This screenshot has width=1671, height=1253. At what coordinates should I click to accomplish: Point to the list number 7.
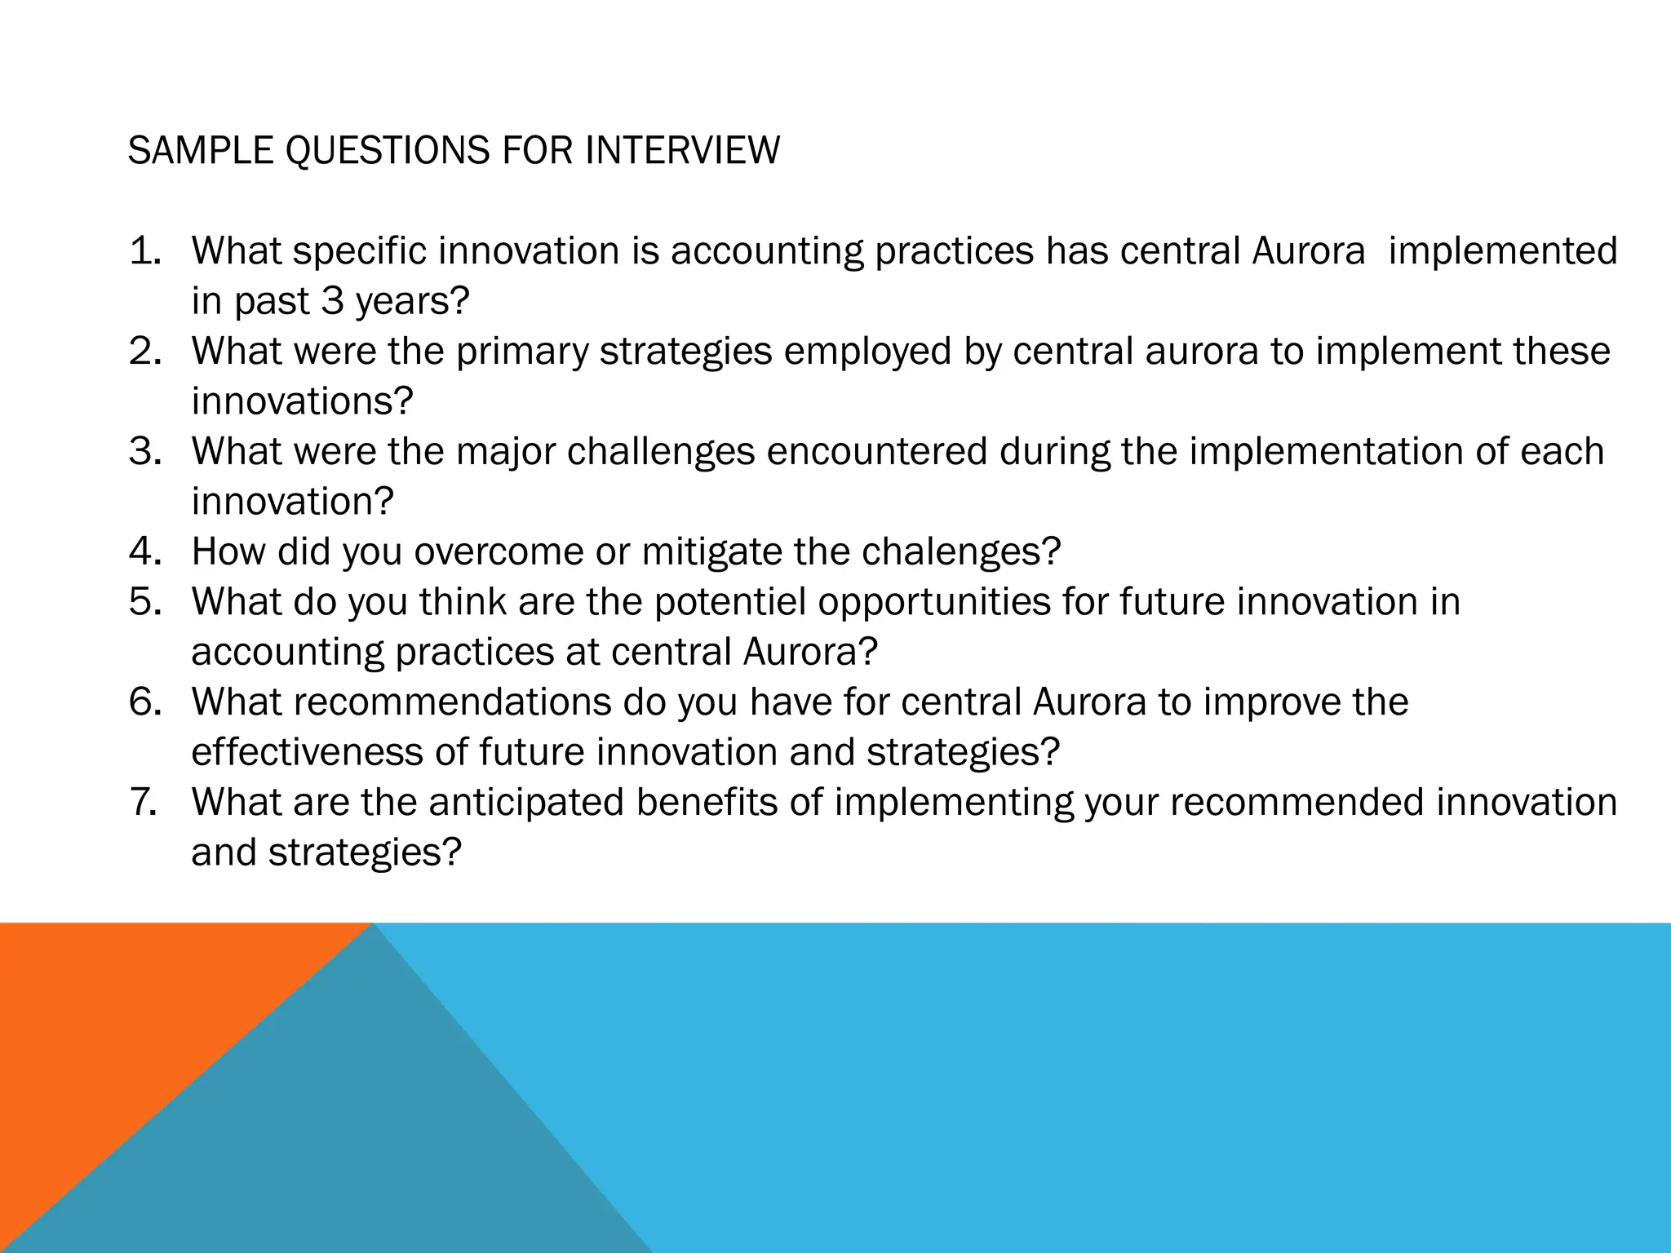(x=144, y=802)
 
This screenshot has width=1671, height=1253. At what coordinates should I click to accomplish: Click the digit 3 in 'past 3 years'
(x=332, y=301)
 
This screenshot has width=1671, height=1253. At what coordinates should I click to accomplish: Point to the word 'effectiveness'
(x=307, y=752)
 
